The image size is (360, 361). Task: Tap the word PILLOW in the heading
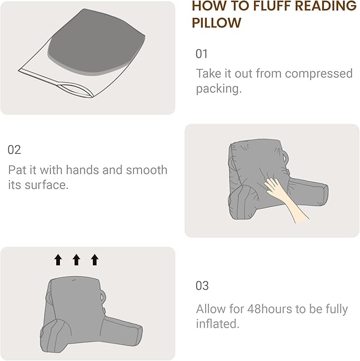[216, 23]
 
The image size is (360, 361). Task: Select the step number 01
[202, 54]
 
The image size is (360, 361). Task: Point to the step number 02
[14, 150]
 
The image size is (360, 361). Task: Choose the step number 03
[203, 286]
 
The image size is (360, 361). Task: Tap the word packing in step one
[217, 89]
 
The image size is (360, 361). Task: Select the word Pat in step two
[18, 170]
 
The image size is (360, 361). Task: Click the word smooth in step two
[147, 170]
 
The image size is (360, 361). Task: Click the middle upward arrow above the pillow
[76, 259]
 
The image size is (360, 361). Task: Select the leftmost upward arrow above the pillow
[58, 259]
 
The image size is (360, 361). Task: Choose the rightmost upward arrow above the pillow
[94, 259]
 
